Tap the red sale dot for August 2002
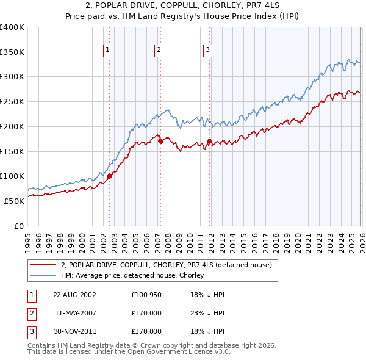110,176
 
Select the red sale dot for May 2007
160,141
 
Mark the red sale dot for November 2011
209,142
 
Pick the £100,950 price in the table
146,294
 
